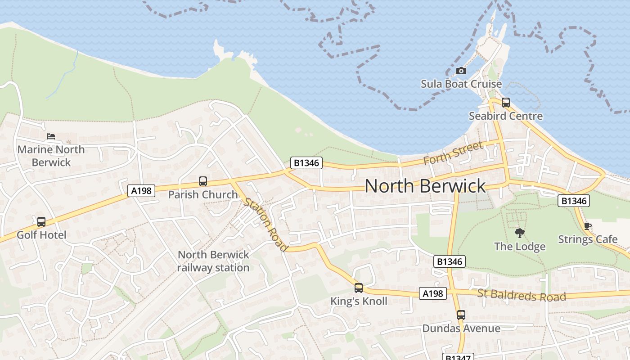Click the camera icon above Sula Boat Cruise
coord(461,71)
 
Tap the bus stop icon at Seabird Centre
coord(505,102)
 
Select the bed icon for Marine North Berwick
coord(51,136)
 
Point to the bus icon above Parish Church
coord(203,181)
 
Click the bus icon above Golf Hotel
coord(41,221)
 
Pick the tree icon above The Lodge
coord(520,233)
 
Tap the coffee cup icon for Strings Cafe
coord(587,226)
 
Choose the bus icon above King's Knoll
coord(358,288)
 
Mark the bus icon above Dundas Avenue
coord(461,315)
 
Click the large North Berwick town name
coord(425,186)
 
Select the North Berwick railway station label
coord(213,261)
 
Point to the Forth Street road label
coord(454,153)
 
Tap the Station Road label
coord(266,224)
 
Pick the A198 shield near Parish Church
coord(141,191)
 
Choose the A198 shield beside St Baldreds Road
coord(433,294)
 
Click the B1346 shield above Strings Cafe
coord(574,201)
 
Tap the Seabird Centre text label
coord(506,116)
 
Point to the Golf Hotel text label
coord(41,235)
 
